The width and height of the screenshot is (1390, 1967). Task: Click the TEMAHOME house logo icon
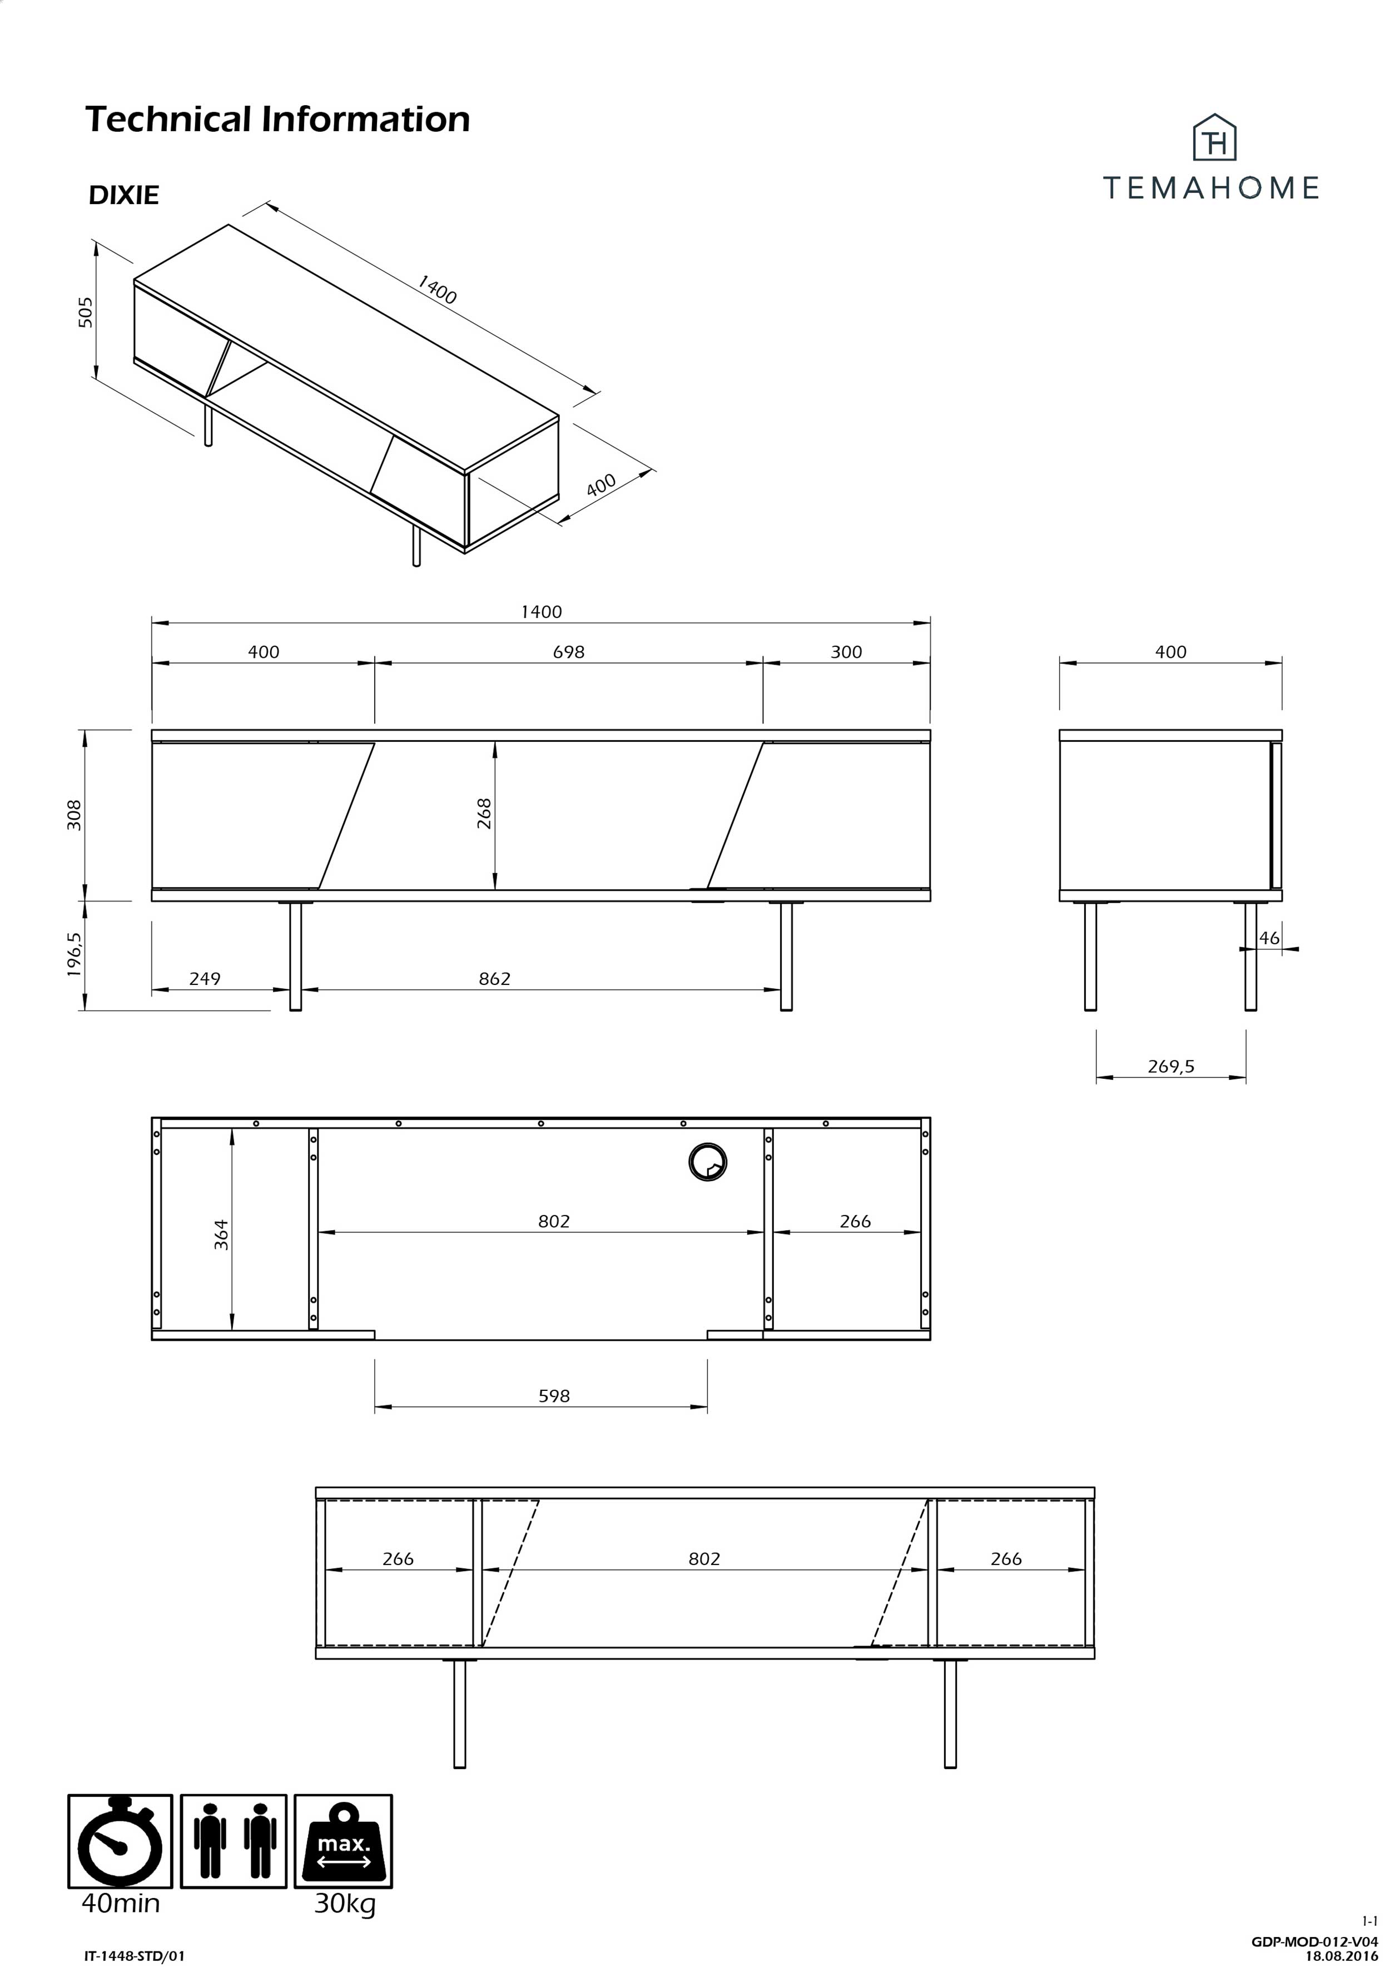coord(1214,138)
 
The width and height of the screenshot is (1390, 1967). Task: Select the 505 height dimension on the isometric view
coord(85,312)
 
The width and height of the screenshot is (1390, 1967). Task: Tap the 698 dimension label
coord(568,652)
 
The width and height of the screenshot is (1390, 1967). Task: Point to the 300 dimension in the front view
coord(845,652)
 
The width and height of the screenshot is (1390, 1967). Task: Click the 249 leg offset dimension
coord(205,978)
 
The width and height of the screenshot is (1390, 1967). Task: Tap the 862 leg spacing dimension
coord(494,978)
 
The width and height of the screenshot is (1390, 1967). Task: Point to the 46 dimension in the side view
coord(1268,938)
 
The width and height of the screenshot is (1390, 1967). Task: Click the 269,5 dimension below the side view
coord(1170,1067)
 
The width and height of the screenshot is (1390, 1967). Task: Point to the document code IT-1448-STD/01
coord(135,1956)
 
